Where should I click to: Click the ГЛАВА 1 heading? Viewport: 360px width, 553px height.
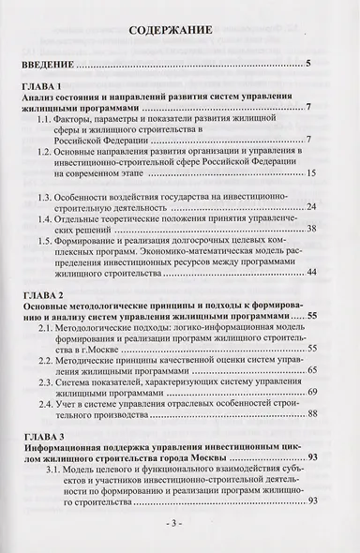(x=44, y=86)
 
